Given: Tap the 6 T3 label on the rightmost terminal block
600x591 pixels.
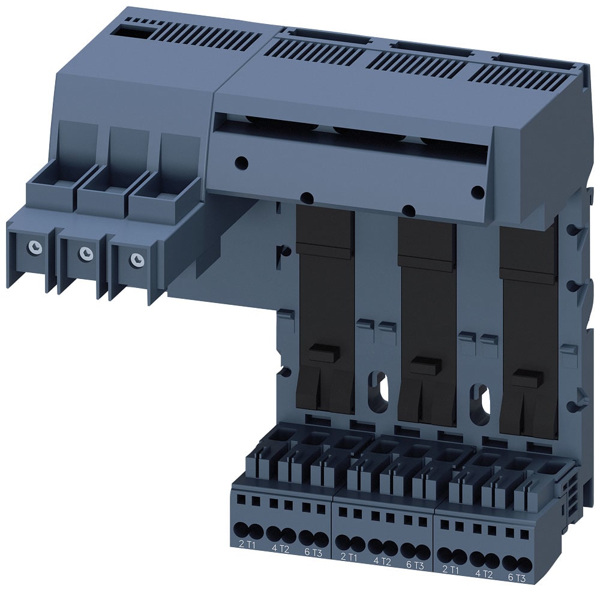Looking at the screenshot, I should point(517,578).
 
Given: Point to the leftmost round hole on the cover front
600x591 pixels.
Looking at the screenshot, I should point(241,161).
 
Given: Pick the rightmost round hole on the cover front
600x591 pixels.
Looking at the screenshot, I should point(478,192).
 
